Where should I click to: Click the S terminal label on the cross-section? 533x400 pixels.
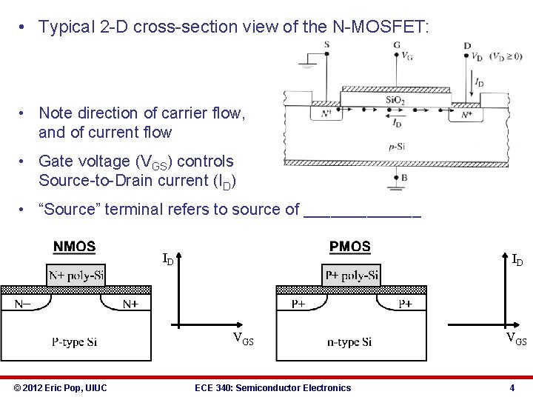click(x=326, y=44)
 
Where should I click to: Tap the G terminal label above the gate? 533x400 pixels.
click(x=397, y=44)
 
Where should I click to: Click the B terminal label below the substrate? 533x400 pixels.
click(x=403, y=177)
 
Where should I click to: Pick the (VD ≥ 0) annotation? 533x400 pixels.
click(x=507, y=56)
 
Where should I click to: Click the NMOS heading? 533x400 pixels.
click(x=74, y=247)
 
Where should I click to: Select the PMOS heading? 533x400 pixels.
click(x=350, y=247)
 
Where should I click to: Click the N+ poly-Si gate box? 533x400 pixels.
click(x=76, y=276)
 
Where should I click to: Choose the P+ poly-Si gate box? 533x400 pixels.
click(x=352, y=276)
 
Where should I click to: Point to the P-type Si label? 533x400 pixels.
click(x=74, y=341)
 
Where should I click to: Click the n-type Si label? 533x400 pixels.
click(x=349, y=341)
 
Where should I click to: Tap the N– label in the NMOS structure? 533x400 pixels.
click(x=24, y=304)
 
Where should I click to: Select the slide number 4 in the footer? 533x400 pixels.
click(x=512, y=388)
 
